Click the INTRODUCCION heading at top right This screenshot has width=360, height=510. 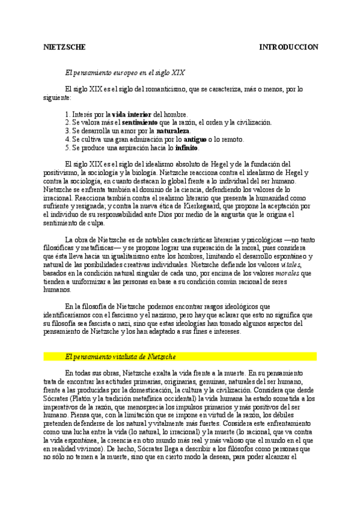pyautogui.click(x=288, y=47)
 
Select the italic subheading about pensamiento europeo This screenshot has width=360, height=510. pyautogui.click(x=125, y=72)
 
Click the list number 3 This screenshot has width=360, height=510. pyautogui.click(x=67, y=131)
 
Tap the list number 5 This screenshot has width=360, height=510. pyautogui.click(x=67, y=147)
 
